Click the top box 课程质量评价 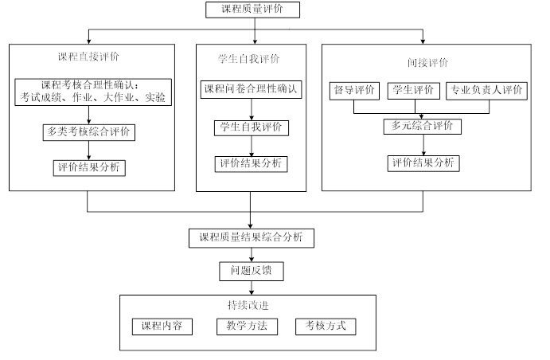253,10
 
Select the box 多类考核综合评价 88,132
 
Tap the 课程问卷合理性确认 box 252,89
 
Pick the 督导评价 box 353,90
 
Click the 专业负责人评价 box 486,90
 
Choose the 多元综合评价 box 422,126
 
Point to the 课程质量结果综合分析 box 251,237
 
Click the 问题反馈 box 251,271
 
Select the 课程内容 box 162,327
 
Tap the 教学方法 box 247,327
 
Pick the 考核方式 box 326,327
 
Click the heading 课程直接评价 89,57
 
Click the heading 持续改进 248,305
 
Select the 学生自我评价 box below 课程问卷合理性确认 252,127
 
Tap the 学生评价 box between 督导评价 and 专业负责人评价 411,90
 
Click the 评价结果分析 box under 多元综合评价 423,162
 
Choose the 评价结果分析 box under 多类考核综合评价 89,168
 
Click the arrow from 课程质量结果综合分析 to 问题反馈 252,254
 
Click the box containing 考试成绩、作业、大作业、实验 93,92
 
